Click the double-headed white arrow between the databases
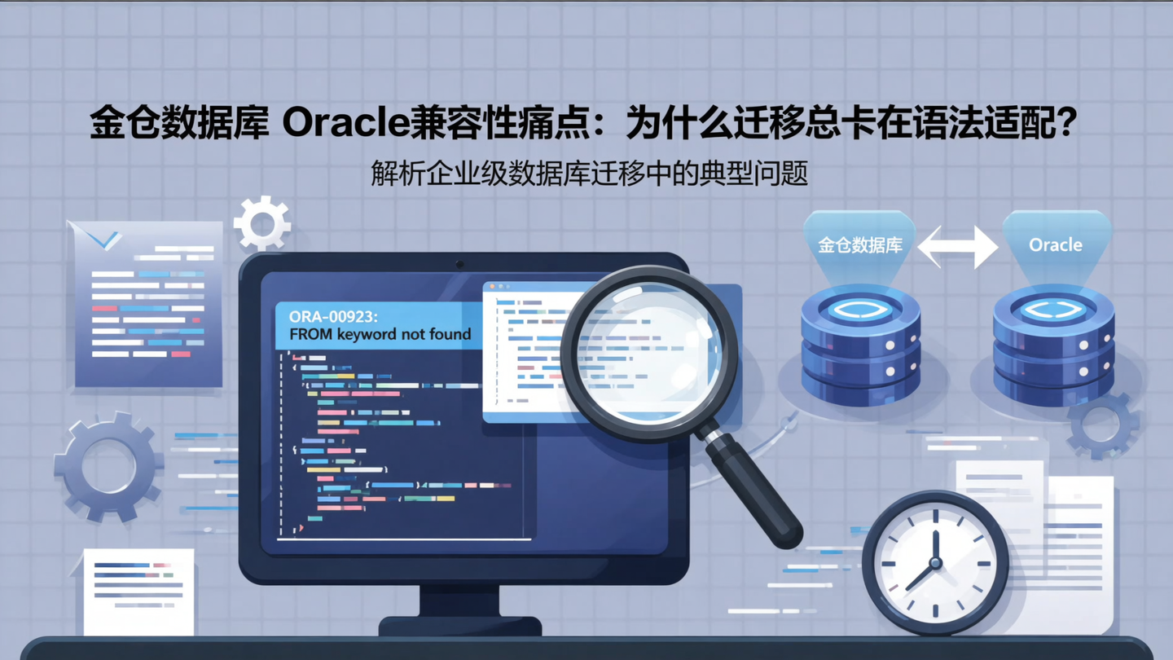(x=959, y=246)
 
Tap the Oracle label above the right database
(x=1055, y=244)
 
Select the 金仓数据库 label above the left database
(x=860, y=244)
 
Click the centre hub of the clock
(x=934, y=562)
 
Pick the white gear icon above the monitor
(x=261, y=222)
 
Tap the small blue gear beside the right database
(x=1103, y=425)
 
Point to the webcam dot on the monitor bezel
(x=460, y=264)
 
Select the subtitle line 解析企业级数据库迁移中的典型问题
(x=589, y=174)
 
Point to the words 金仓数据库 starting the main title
(x=178, y=125)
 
